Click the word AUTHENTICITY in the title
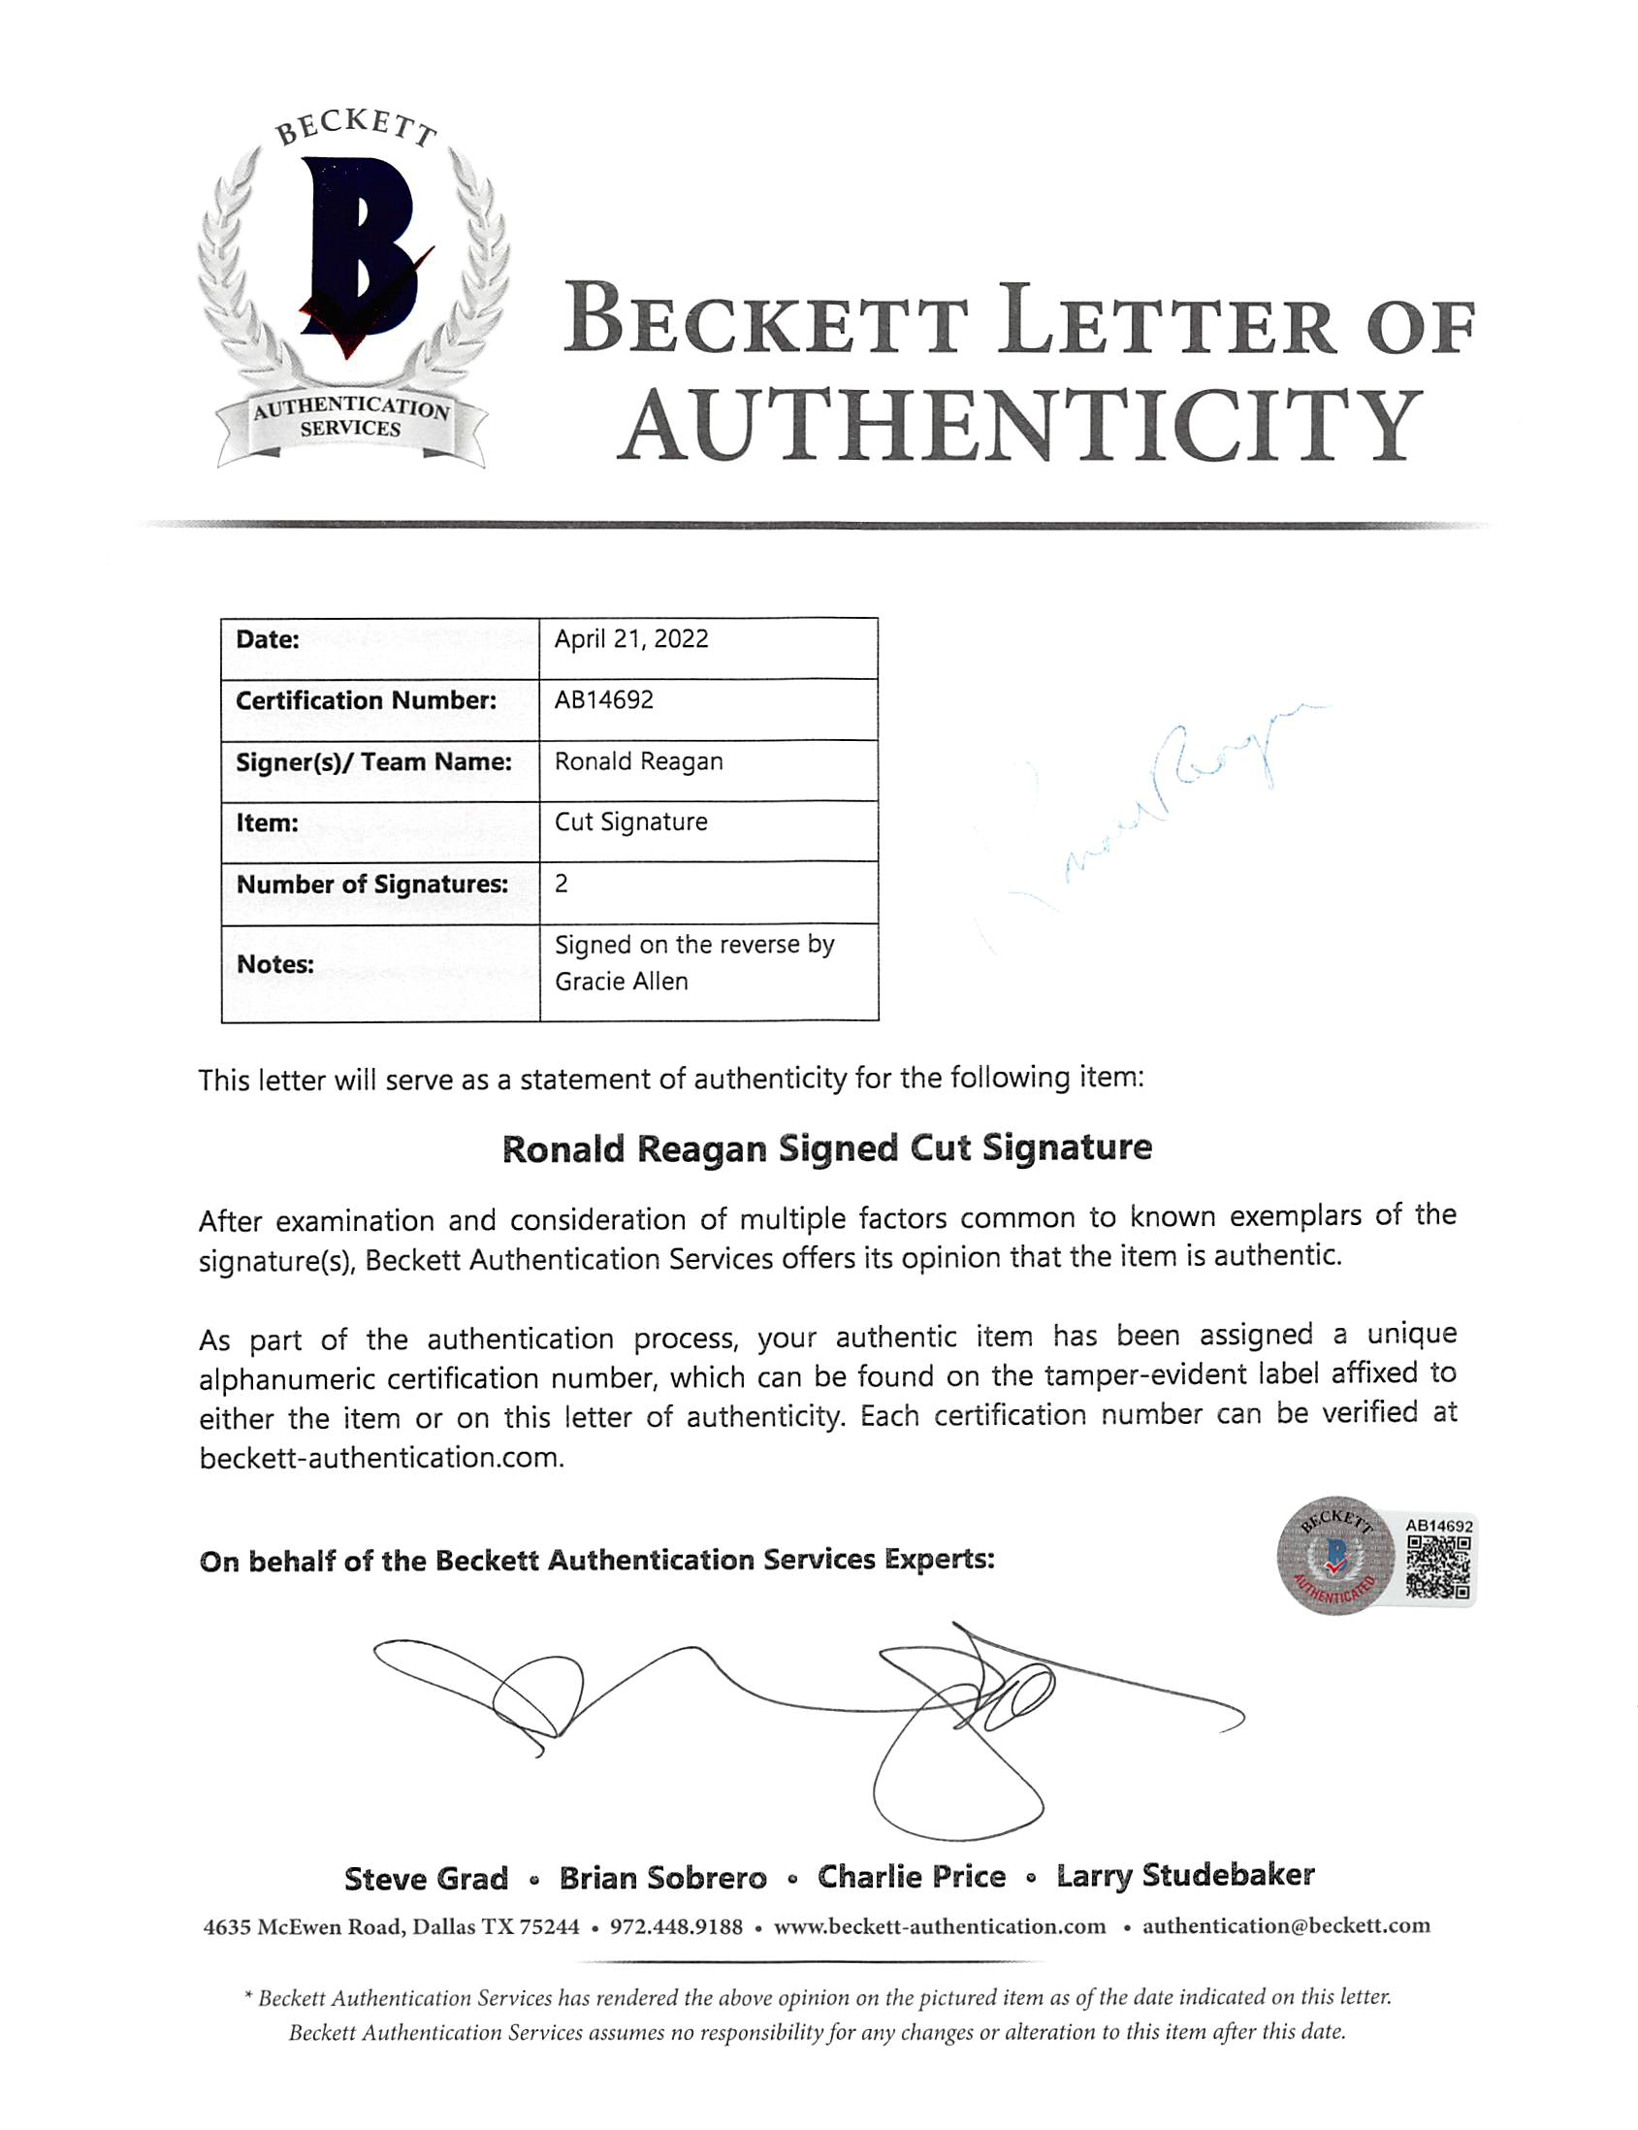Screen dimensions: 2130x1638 pyautogui.click(x=1018, y=427)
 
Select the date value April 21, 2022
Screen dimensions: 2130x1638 pyautogui.click(x=630, y=640)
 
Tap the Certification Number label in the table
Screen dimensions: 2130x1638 pyautogui.click(x=366, y=700)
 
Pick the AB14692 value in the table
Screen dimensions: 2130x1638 pyautogui.click(x=603, y=700)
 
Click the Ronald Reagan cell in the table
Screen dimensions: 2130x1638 pyautogui.click(x=639, y=761)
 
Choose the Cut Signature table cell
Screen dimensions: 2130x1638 pyautogui.click(x=630, y=823)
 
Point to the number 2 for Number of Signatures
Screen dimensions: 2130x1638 pyautogui.click(x=562, y=884)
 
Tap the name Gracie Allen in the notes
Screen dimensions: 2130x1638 pyautogui.click(x=621, y=983)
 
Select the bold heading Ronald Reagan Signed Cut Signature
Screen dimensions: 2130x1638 pyautogui.click(x=827, y=1148)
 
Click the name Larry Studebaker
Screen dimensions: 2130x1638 pyautogui.click(x=1186, y=1876)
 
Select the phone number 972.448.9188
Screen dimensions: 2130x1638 pyautogui.click(x=676, y=1926)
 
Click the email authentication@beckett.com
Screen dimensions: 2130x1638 pyautogui.click(x=1286, y=1926)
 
